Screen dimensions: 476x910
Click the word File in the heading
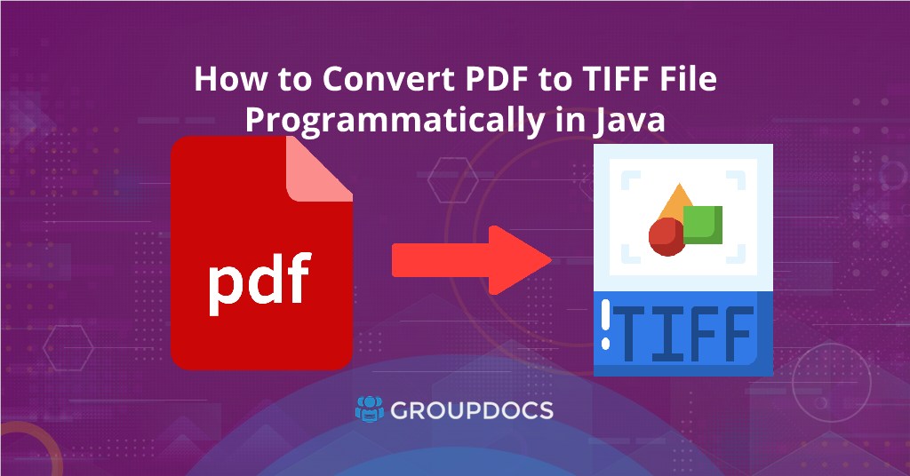pos(683,80)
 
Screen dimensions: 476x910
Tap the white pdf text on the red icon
pos(259,279)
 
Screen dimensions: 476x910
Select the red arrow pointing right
pos(471,260)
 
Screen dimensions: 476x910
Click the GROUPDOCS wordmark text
pos(473,410)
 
